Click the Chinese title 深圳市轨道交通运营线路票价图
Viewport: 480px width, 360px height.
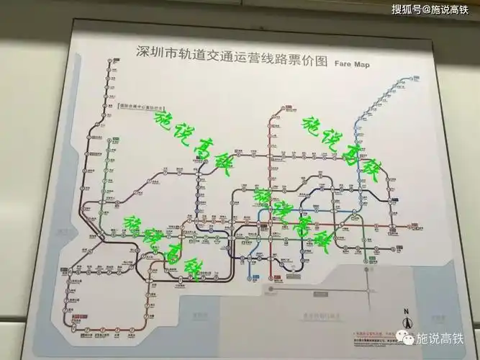[232, 53]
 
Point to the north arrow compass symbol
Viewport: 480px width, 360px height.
[407, 322]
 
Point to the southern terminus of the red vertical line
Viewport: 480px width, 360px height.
[270, 275]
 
